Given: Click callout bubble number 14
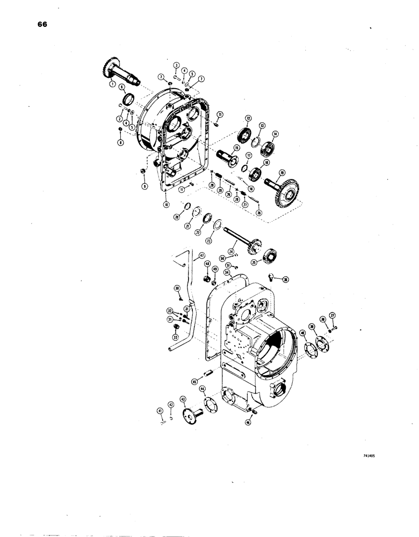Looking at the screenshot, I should (276, 134).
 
